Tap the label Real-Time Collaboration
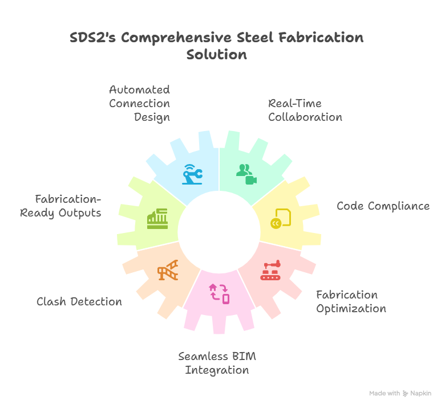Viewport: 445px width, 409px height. (x=305, y=111)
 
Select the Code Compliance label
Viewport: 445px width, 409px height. (x=383, y=206)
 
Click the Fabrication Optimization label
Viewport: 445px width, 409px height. (x=351, y=302)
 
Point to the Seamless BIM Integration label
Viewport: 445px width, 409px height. (x=217, y=363)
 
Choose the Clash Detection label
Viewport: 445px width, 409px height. (x=79, y=302)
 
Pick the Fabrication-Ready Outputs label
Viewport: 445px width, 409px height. (x=60, y=206)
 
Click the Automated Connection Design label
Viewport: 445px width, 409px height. (x=140, y=104)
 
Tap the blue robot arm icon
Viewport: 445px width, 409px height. (x=192, y=173)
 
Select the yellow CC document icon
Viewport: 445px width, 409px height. (x=281, y=217)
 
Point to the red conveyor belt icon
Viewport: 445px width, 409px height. (x=272, y=270)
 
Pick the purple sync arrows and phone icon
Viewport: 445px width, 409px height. (x=220, y=292)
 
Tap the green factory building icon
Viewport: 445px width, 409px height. (x=157, y=219)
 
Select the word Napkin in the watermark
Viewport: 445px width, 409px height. (x=421, y=394)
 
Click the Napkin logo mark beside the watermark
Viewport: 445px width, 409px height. (x=406, y=394)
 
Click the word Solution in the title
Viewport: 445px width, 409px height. (x=217, y=55)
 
